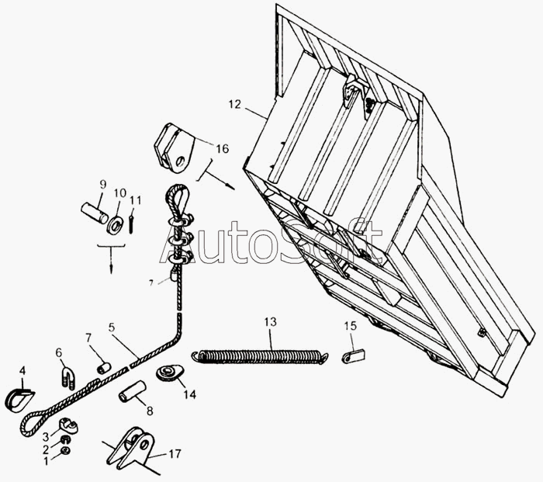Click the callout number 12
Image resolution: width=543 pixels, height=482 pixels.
click(x=235, y=104)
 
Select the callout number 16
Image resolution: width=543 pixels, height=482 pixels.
click(x=221, y=147)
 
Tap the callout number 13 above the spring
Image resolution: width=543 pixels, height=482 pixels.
click(x=270, y=321)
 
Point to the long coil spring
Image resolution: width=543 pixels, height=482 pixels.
click(x=260, y=355)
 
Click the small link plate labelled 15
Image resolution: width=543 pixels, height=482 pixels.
click(x=354, y=356)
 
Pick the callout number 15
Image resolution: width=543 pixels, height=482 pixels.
click(x=350, y=326)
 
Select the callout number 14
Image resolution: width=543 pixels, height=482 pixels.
click(x=189, y=394)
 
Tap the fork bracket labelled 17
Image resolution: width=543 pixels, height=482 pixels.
click(x=133, y=448)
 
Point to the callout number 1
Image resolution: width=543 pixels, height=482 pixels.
click(x=45, y=461)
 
